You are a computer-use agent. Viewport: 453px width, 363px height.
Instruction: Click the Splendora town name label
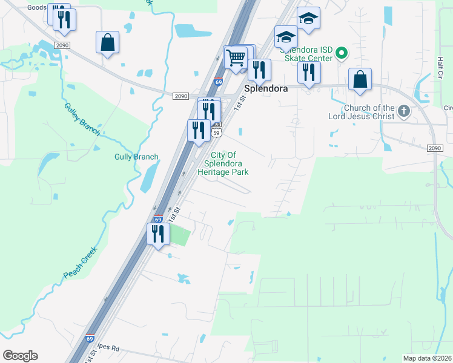(x=265, y=88)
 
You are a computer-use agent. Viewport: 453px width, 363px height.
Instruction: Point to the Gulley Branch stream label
(x=82, y=119)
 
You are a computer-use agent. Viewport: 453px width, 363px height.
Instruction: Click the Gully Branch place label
(x=136, y=157)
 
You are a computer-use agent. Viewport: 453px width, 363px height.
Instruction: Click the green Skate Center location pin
(x=341, y=54)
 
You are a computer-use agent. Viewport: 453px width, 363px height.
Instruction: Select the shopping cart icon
(x=235, y=58)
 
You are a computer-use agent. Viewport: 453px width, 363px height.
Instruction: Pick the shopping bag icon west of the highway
(x=107, y=42)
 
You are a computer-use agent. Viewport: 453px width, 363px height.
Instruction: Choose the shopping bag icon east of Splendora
(x=360, y=79)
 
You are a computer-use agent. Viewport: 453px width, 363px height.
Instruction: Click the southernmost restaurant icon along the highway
(x=158, y=234)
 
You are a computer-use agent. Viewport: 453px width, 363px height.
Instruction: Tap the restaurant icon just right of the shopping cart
(x=259, y=70)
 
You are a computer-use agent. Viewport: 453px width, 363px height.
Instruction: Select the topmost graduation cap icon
(x=308, y=18)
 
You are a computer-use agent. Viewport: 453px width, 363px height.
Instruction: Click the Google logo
(x=20, y=356)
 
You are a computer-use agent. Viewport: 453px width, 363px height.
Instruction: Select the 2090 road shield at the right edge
(x=434, y=148)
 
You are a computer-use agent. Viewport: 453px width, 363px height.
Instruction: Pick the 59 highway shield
(x=216, y=132)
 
